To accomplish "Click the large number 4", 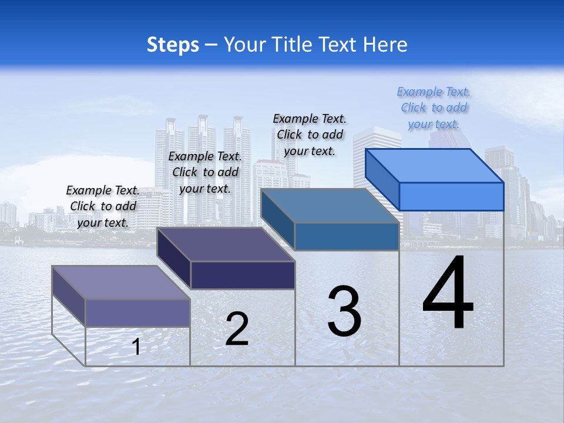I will (x=448, y=293).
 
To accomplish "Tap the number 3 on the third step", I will (x=344, y=311).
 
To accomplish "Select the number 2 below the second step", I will (x=237, y=329).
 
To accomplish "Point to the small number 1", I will (x=136, y=347).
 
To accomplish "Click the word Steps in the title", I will (x=173, y=45).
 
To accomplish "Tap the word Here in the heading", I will (x=385, y=45).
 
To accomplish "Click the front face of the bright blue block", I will (x=451, y=196).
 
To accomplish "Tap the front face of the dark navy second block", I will (x=243, y=275).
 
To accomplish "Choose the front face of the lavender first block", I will (x=137, y=313).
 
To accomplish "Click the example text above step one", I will (x=103, y=206).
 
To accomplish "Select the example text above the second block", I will (x=205, y=172).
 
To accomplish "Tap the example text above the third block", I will (x=310, y=135).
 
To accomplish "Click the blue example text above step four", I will (x=434, y=108).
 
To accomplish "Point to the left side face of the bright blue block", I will (x=382, y=180).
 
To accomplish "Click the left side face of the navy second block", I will (x=174, y=258).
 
